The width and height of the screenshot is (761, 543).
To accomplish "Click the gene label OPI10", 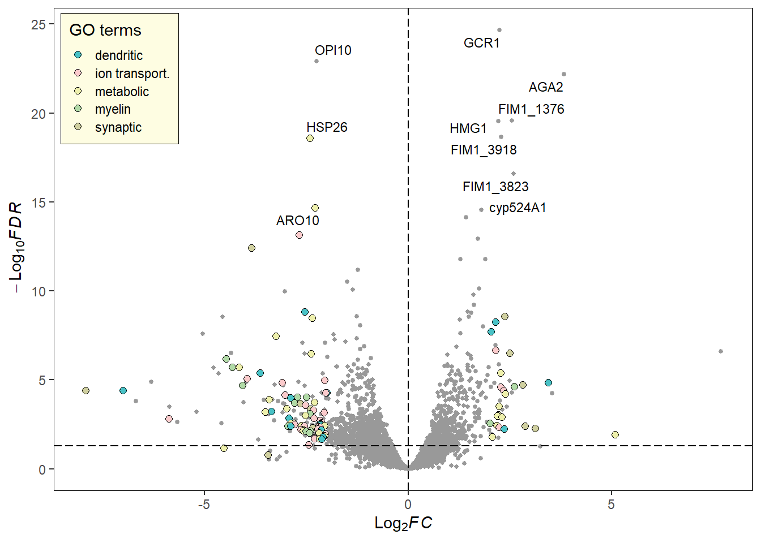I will click(x=333, y=50).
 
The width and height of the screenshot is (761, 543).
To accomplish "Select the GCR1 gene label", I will click(x=481, y=43).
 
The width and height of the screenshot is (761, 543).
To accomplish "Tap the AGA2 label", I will click(x=546, y=87).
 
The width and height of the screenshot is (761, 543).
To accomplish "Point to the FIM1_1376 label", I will click(x=531, y=109).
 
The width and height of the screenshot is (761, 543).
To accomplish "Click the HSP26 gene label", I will click(x=327, y=127).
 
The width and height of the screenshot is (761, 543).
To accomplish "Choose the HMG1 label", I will click(x=468, y=128).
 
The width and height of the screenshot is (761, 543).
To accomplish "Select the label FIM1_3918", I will click(x=484, y=150).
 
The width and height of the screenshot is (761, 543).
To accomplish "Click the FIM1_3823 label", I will click(x=495, y=187).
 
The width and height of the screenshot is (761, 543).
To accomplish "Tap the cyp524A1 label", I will click(x=518, y=208).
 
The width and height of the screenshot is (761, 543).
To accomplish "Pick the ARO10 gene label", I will click(x=298, y=221).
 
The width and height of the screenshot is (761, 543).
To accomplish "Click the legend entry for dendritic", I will click(x=118, y=55).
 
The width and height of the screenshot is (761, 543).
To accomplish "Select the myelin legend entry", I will click(x=113, y=109).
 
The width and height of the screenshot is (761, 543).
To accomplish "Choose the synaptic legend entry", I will click(x=118, y=127).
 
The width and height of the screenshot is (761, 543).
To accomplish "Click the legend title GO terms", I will click(x=105, y=30).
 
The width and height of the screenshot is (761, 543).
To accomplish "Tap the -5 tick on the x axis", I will click(x=204, y=504).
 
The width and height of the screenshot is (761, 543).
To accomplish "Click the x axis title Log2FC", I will click(x=403, y=523).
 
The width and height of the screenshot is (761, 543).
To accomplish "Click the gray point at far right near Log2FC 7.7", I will click(x=721, y=351).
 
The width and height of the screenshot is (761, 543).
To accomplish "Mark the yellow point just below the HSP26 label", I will click(x=310, y=139).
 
